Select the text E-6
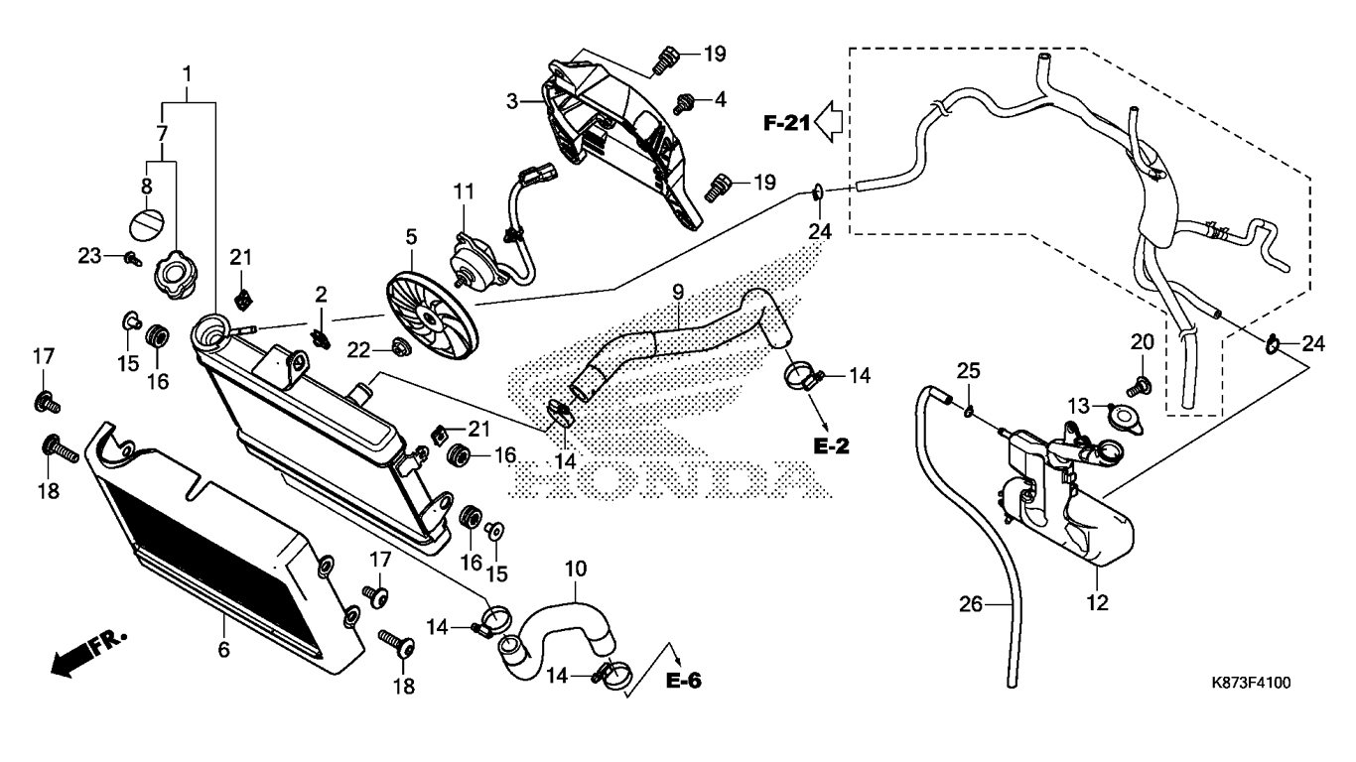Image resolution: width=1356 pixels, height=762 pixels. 683,682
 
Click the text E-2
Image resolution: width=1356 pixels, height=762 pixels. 831,446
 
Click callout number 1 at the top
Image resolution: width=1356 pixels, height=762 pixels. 187,75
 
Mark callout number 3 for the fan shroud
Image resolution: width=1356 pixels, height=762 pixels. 512,101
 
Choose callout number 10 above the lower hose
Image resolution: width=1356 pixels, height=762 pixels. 576,570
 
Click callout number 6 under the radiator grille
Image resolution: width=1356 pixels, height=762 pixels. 224,650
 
